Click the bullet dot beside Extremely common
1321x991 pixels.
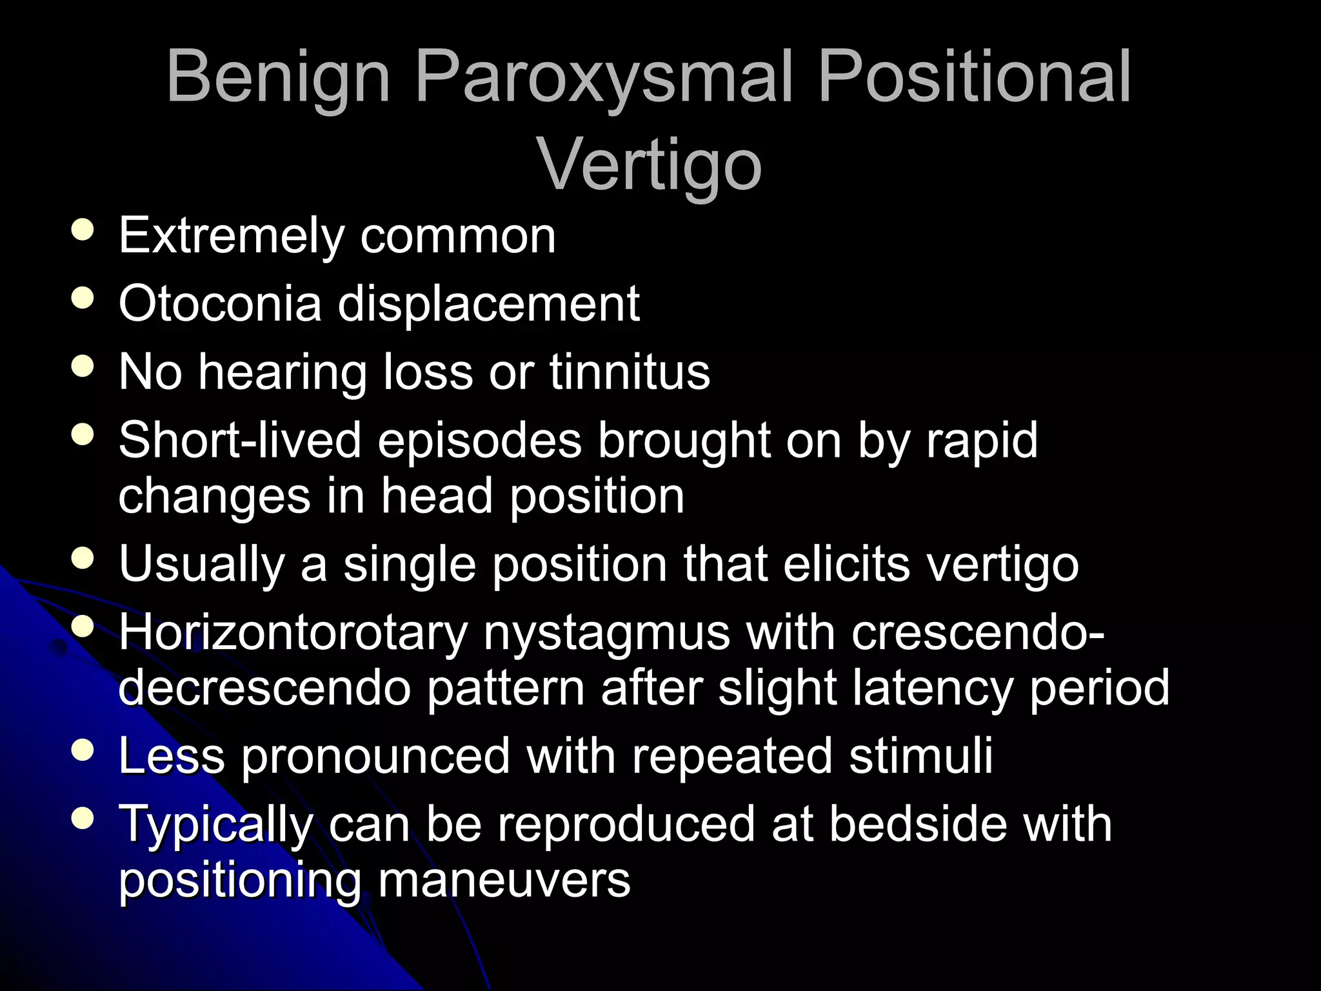[x=83, y=230]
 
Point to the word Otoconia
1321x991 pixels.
[x=220, y=303]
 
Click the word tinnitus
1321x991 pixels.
[x=630, y=372]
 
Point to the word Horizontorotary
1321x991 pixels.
[x=293, y=633]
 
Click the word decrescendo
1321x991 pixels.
[x=264, y=688]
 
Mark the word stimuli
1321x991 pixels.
[x=920, y=756]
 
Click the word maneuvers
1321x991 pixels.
[x=504, y=881]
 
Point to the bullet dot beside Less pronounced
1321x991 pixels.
[x=83, y=750]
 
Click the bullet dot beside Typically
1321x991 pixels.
[x=83, y=819]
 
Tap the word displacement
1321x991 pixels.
[x=488, y=303]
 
